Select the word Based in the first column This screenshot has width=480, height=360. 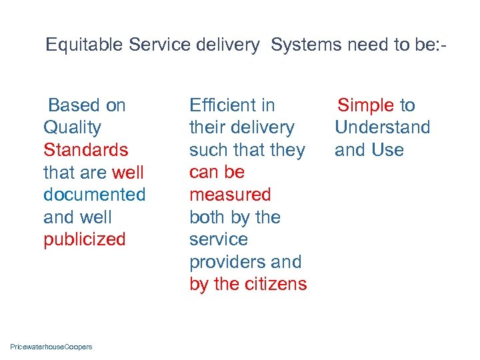coord(73,105)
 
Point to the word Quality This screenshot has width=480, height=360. coord(72,127)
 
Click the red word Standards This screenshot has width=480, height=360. coord(85,150)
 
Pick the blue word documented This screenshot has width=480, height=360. coord(94,195)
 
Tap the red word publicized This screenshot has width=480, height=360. coord(84,239)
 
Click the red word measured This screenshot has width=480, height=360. coord(230,195)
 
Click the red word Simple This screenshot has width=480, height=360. coord(366,105)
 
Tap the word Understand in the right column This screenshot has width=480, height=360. coord(382,127)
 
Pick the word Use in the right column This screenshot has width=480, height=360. coord(388,150)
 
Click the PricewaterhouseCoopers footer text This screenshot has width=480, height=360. coord(51,347)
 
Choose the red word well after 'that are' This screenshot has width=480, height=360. coord(128,173)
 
